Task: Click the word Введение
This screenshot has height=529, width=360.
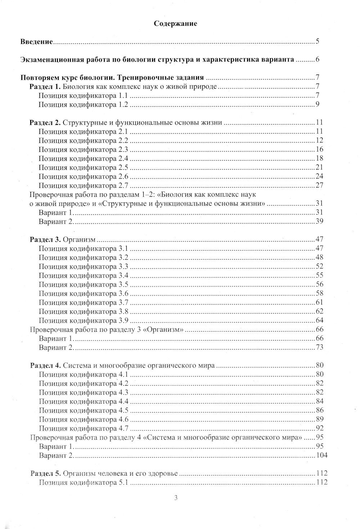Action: (x=37, y=42)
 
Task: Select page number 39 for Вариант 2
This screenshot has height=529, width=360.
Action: (x=319, y=221)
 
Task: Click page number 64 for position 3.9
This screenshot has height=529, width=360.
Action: (x=319, y=320)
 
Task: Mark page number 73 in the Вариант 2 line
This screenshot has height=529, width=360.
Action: (x=319, y=347)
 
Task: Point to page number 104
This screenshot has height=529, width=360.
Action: (x=321, y=455)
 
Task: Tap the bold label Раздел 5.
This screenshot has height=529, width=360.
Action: (x=45, y=473)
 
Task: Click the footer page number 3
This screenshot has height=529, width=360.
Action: (x=176, y=498)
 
